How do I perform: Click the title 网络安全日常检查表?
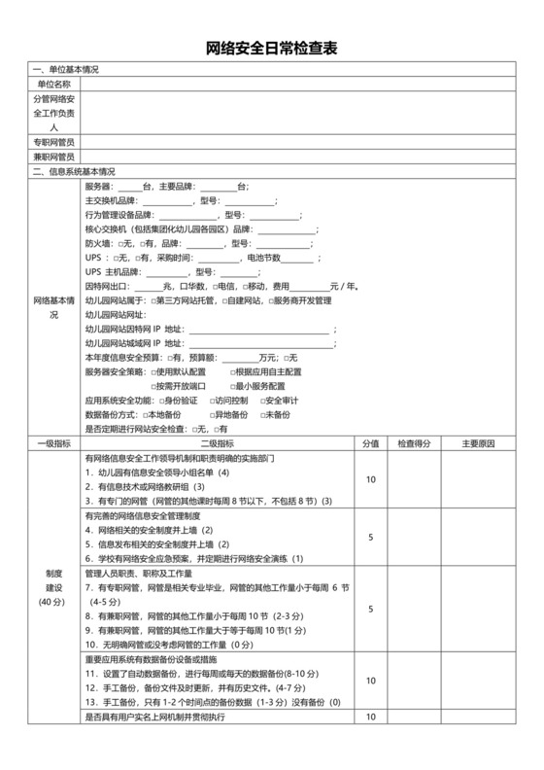click(x=272, y=50)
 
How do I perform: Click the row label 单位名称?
click(x=54, y=85)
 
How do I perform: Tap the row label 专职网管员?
click(x=54, y=142)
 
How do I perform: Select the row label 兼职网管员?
click(x=54, y=157)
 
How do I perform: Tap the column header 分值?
click(x=370, y=444)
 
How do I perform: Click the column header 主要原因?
click(x=479, y=444)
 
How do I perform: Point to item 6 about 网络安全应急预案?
click(x=194, y=559)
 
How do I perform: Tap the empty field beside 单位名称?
click(x=301, y=85)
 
